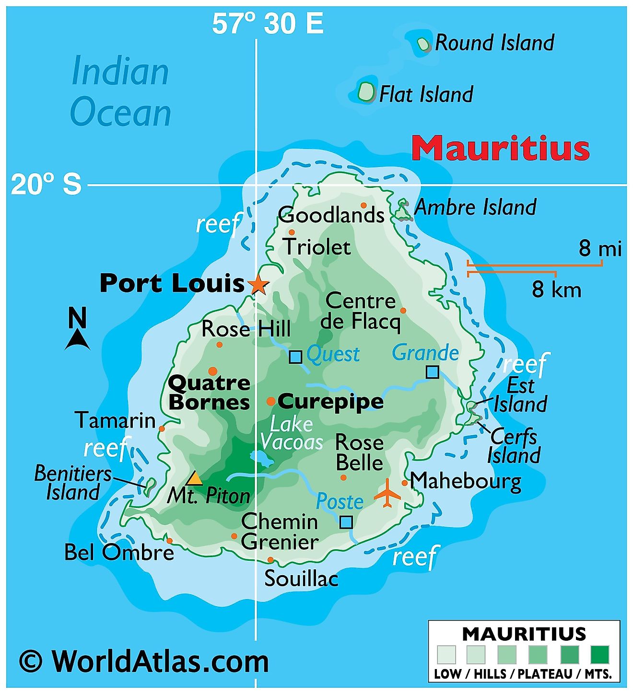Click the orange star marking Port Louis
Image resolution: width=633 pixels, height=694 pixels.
pos(258,285)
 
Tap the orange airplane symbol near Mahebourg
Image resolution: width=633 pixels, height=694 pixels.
pos(387,492)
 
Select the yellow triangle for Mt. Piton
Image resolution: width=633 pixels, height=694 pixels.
pos(194,478)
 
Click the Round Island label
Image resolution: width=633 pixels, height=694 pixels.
pos(494,43)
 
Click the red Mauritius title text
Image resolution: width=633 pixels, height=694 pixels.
pos(500,148)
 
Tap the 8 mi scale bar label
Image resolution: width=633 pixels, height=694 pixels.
pos(599,248)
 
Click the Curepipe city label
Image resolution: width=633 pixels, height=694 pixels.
pos(331,402)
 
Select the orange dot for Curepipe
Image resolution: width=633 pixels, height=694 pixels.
pos(271,401)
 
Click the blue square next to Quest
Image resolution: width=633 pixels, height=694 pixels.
pos(295,357)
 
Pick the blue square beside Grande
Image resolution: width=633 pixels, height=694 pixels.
pos(433,371)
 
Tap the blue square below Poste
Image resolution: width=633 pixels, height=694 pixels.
pos(346,522)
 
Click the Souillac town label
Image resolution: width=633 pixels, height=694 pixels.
pos(301,578)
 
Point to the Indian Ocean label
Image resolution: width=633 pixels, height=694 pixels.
pos(120,92)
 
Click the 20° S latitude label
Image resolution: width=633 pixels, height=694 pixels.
pos(46,184)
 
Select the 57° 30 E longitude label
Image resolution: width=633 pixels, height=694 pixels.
pos(268,23)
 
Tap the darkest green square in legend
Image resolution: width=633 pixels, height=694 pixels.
pos(599,654)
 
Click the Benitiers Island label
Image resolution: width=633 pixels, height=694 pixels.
pos(73,483)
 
